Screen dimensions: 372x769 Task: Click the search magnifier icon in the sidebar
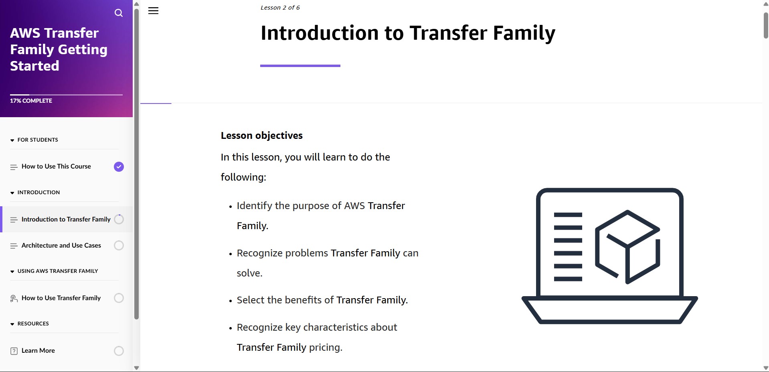tap(119, 13)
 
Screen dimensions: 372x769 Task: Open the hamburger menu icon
tap(153, 11)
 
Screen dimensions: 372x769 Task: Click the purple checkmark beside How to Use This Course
tap(119, 167)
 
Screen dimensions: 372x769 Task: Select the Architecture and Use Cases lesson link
tap(61, 245)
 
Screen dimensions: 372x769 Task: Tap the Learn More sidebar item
tap(38, 350)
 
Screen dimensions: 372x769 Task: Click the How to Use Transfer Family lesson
tap(61, 298)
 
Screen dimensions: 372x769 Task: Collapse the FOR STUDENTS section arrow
tap(12, 140)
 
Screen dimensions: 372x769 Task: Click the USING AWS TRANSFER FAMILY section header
tap(57, 271)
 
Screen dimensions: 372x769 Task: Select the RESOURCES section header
tap(33, 323)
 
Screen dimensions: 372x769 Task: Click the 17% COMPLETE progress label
tap(31, 101)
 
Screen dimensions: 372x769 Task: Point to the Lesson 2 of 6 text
tap(280, 8)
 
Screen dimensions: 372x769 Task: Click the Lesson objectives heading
tap(261, 136)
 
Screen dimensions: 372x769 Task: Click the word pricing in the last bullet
tap(325, 347)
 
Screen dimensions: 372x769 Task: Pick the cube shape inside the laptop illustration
tap(627, 246)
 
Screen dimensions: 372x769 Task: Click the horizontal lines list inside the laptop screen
tap(568, 246)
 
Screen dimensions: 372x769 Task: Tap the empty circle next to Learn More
tap(119, 351)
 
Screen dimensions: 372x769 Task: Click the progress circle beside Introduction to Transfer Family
tap(119, 219)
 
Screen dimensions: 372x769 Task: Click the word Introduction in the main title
tap(320, 33)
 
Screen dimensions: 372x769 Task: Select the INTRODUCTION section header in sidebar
tap(38, 192)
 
